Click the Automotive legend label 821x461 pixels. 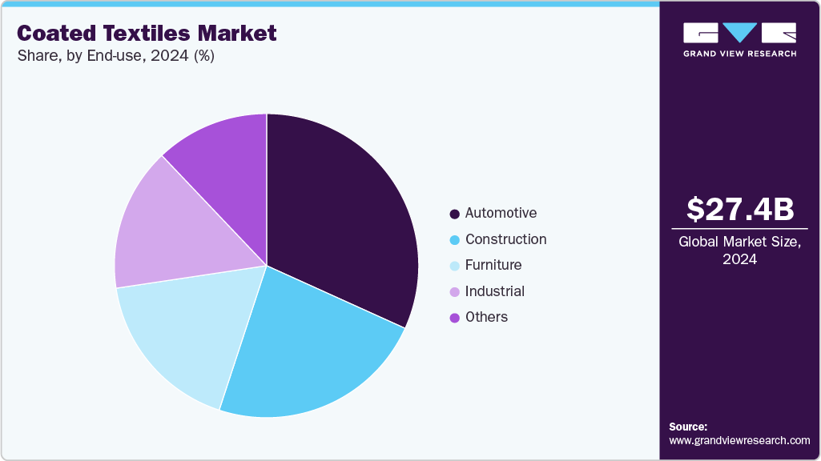(501, 213)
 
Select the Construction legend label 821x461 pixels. (505, 239)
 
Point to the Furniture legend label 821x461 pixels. (493, 265)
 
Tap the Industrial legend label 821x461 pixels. (494, 291)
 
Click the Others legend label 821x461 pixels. (486, 317)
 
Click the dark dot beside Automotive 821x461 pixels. (454, 214)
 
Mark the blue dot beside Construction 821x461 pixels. (454, 239)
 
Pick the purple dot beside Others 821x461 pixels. (454, 318)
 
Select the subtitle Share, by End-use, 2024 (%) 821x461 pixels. (115, 56)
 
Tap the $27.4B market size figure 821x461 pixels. (739, 210)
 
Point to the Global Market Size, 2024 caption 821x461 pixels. (739, 250)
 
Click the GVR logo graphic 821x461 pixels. (739, 34)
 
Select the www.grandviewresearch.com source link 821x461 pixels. (739, 440)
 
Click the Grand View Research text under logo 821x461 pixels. (739, 54)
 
